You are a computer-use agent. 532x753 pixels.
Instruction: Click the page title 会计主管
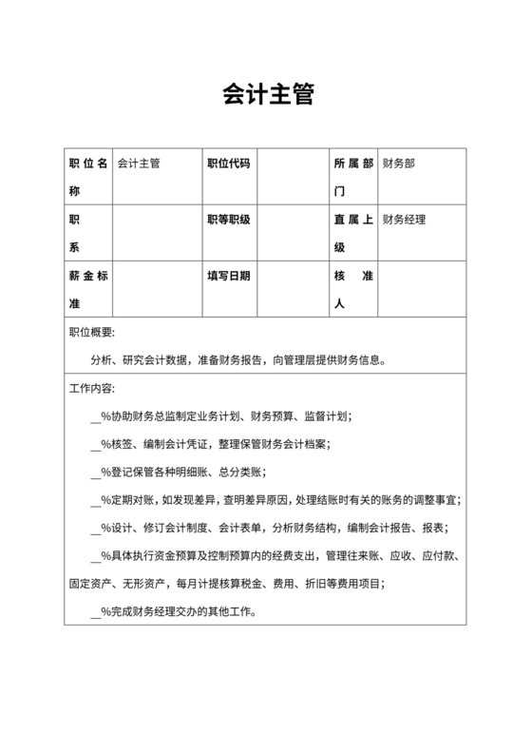click(x=266, y=95)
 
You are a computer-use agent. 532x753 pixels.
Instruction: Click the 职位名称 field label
click(x=89, y=176)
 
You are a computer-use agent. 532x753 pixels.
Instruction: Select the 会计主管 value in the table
click(x=139, y=164)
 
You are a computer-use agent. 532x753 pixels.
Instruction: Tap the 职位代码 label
click(x=228, y=164)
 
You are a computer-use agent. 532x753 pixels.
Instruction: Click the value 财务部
click(x=398, y=164)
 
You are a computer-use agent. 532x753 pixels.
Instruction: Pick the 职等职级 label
click(x=228, y=220)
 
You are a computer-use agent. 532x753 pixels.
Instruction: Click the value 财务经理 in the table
click(x=404, y=220)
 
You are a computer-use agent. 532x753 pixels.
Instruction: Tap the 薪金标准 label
click(x=89, y=289)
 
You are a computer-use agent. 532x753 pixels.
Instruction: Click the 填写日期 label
click(x=228, y=276)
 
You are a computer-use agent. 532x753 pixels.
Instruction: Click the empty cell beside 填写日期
click(x=291, y=289)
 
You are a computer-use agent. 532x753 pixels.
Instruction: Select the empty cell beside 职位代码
click(x=291, y=176)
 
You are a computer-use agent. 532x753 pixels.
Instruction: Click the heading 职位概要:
click(x=92, y=333)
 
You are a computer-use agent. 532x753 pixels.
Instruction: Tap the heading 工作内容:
click(x=92, y=389)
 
